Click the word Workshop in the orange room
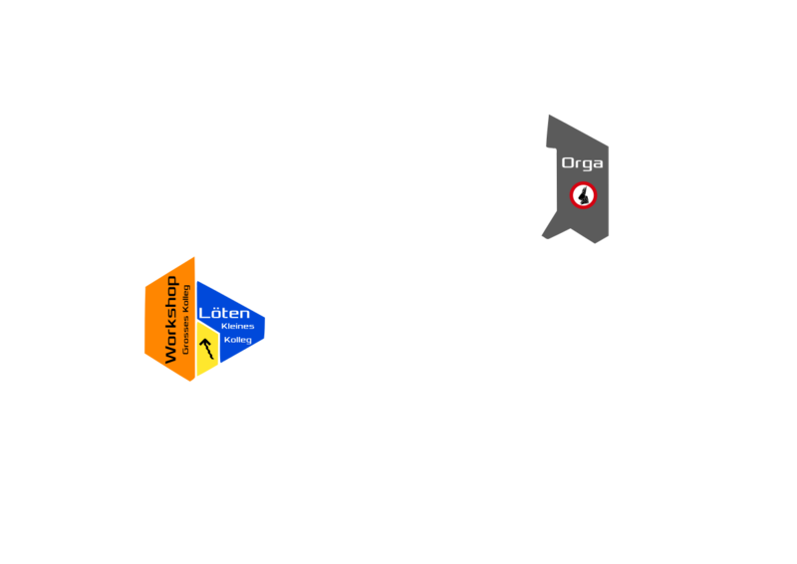170,319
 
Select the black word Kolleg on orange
185,300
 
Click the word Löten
224,313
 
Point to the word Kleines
237,327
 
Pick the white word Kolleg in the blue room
237,340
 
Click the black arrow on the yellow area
207,348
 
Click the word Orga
582,163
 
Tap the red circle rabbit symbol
583,195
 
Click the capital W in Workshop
170,354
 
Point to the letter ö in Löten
214,313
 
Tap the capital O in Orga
568,163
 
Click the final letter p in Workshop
171,282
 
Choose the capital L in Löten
203,313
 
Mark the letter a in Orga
597,164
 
